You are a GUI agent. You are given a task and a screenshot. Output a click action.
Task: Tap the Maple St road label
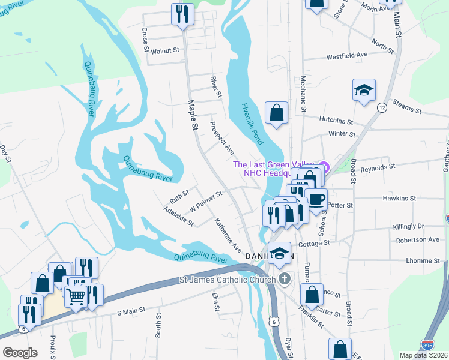pos(194,118)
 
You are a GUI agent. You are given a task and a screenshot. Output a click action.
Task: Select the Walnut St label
pos(165,52)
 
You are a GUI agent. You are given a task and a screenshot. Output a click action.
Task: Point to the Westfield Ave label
pos(346,56)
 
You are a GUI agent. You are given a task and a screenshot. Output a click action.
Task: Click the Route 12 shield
pos(382,107)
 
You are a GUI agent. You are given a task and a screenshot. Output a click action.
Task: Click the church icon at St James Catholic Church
pos(285,278)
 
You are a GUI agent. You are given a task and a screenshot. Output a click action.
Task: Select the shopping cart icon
pos(76,295)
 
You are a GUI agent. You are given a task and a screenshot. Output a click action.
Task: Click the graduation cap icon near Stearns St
pos(363,90)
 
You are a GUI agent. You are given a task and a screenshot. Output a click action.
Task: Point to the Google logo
pos(20,352)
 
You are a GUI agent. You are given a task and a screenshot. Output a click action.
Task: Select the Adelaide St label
pos(178,217)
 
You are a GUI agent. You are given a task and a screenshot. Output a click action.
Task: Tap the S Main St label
pos(131,311)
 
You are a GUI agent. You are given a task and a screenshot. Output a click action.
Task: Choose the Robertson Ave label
pos(417,239)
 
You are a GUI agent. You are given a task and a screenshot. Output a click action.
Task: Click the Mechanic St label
pos(303,95)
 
